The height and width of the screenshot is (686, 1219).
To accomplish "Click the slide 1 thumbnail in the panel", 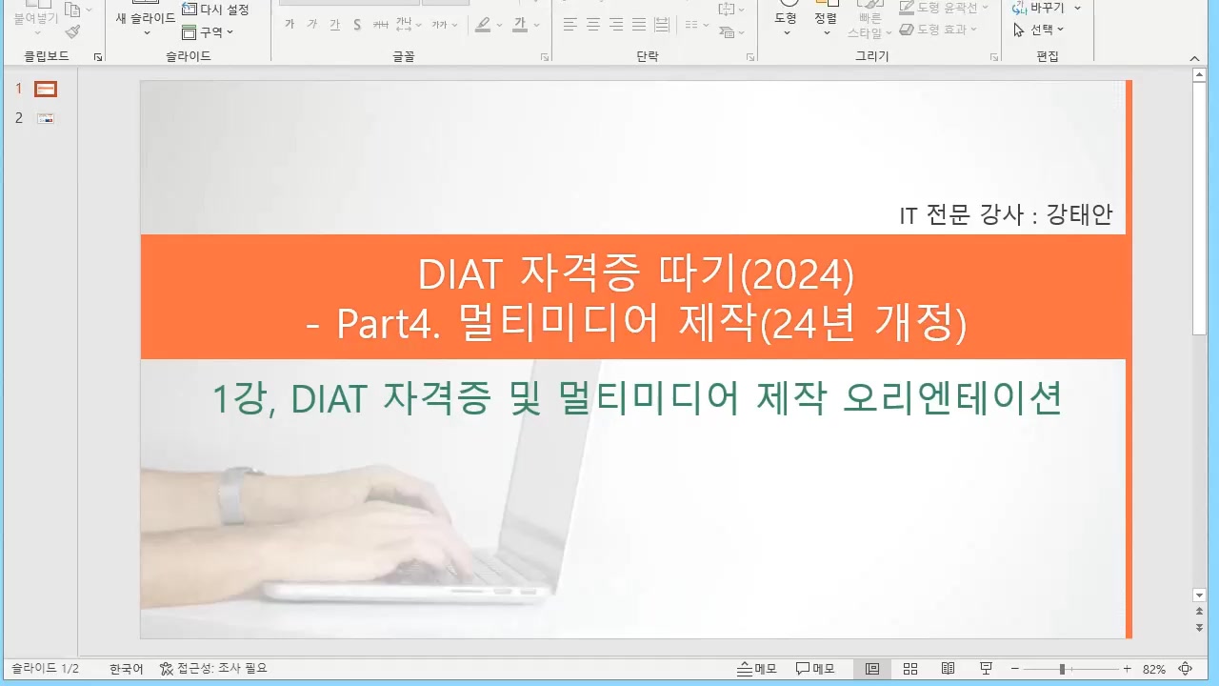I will point(46,90).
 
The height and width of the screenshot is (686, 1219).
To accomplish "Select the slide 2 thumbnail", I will point(46,119).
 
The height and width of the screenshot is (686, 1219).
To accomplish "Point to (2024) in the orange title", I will point(797,275).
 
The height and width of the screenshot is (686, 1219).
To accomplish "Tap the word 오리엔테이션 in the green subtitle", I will point(952,398).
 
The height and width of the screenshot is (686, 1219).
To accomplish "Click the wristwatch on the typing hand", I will point(230,495).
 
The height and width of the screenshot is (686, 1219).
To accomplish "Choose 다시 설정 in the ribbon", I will point(216,10).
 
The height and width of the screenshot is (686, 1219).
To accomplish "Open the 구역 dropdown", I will point(209,32).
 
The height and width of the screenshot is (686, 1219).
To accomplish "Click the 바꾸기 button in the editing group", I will point(1046,8).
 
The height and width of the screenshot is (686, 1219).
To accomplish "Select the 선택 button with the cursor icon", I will point(1039,30).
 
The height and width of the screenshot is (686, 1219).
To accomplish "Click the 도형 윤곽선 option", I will point(944,8).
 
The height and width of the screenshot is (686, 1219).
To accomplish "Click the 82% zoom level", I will point(1154,670).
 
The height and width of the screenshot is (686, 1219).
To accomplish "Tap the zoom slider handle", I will point(1062,670).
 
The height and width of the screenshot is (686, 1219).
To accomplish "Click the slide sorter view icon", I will point(910,669).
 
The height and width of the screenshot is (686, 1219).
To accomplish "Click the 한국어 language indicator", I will point(127,670).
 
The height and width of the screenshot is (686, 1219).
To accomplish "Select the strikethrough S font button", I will point(357,25).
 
